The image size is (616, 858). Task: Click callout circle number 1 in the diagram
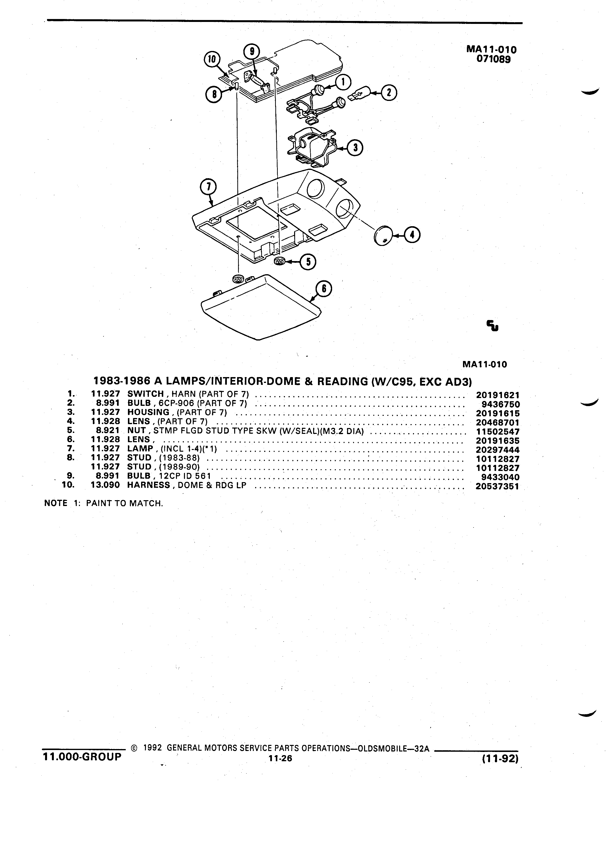coord(343,82)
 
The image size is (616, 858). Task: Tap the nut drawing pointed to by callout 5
coord(279,261)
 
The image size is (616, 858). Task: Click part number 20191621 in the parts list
coord(498,395)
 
